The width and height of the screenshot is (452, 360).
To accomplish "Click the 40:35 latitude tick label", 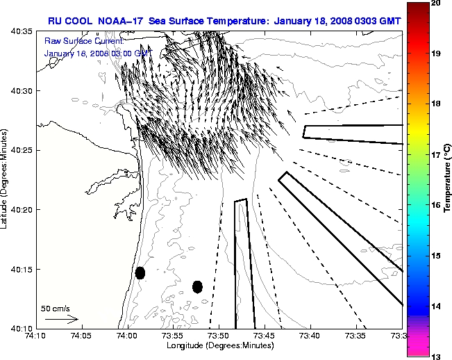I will coord(22,32).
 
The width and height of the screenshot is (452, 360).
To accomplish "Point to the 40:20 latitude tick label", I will coord(22,209).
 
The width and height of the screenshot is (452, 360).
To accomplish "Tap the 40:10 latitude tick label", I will coord(22,328).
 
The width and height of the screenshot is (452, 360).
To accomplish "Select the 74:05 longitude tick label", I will coord(81,336).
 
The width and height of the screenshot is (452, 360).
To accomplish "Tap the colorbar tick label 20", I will coord(437,3).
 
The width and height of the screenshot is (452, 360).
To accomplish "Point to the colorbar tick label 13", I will coord(437,356).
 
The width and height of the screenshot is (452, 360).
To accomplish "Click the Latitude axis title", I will coord(5,179).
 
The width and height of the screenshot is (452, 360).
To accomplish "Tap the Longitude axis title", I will coord(217,345).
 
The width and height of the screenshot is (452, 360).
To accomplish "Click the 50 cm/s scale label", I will coord(56,308).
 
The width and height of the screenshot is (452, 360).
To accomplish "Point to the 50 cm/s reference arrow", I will coord(61,319).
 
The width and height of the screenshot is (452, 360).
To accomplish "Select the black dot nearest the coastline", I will coord(140,272).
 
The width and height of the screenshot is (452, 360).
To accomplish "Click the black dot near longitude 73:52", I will coord(197,286).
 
